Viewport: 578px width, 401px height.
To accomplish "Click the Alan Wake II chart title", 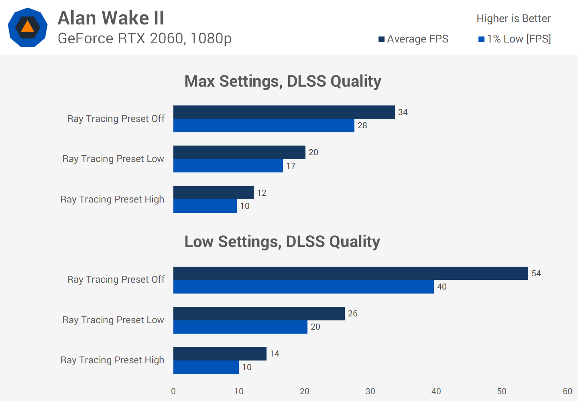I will click(x=111, y=18).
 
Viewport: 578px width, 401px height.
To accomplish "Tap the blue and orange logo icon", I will click(x=28, y=27).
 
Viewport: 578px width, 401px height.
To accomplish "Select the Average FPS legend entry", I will click(x=413, y=39).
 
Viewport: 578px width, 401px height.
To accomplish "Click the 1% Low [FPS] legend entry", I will click(x=515, y=39).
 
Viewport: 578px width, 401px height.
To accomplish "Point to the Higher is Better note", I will click(x=513, y=18).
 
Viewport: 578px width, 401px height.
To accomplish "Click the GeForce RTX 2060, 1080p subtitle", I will click(x=144, y=38).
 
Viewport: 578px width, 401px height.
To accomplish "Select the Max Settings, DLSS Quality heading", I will click(x=283, y=81).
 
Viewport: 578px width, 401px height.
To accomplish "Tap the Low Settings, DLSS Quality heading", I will click(x=282, y=242).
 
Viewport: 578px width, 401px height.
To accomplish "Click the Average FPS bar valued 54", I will click(x=350, y=273).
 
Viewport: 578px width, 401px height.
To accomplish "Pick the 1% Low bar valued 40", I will click(x=303, y=287).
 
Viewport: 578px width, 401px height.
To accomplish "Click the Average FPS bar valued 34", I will click(x=284, y=112).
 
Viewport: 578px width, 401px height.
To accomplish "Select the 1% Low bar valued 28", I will click(x=264, y=126).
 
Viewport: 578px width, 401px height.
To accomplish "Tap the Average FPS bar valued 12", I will click(x=213, y=192).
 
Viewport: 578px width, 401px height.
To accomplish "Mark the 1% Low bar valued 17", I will click(x=228, y=166).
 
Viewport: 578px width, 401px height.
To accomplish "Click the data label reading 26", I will click(x=353, y=314).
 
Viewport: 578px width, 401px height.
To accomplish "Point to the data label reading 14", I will click(x=275, y=354).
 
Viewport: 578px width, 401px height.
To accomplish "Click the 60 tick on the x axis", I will click(x=567, y=391).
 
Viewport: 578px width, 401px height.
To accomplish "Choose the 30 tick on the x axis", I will click(x=370, y=391).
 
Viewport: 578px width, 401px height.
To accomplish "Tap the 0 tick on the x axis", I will click(x=173, y=391).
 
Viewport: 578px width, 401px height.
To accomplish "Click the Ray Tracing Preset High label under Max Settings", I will click(x=112, y=199).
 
